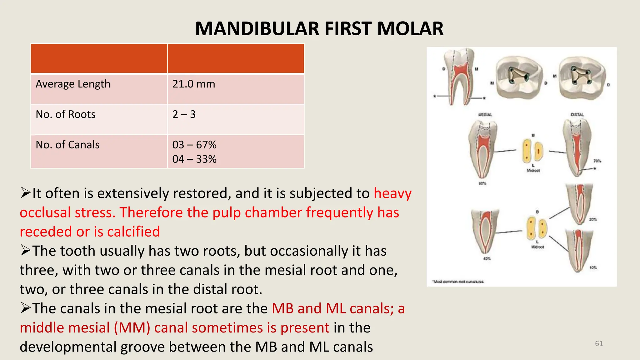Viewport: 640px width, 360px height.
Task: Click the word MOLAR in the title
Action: (410, 29)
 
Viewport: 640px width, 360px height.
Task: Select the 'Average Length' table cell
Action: (73, 84)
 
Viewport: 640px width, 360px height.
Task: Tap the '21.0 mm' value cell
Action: (194, 84)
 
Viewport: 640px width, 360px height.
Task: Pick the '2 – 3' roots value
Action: (184, 114)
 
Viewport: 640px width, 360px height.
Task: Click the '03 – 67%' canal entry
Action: (194, 145)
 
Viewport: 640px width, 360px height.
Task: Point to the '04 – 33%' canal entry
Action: (194, 159)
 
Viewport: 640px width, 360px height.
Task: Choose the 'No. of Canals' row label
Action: (67, 145)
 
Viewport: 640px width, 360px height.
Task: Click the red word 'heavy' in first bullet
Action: (393, 193)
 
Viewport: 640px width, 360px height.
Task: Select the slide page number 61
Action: (599, 343)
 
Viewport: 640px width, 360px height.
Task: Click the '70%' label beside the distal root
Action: (597, 161)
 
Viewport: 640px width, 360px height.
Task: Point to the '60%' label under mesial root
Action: (482, 183)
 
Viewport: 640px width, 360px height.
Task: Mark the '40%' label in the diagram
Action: (487, 258)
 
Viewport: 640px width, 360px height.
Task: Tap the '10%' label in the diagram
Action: (593, 267)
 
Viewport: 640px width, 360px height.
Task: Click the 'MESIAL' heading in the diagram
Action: (485, 115)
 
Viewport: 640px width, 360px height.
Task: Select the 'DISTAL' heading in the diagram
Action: (577, 115)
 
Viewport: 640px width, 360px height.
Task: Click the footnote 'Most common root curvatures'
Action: (458, 282)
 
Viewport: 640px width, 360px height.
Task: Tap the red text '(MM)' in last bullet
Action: (132, 327)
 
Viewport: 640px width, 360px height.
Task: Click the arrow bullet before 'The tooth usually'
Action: (26, 250)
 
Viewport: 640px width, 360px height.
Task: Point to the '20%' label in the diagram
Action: (593, 219)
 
